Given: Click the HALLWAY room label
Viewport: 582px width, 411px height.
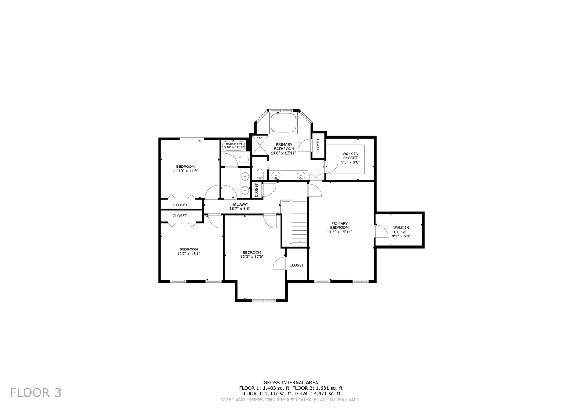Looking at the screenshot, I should (239, 204).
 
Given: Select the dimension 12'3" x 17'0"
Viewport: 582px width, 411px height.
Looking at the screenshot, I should (252, 257).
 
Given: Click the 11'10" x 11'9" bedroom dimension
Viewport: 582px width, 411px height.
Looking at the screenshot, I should (186, 171).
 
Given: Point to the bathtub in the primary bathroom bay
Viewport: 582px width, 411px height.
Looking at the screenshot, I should (283, 123).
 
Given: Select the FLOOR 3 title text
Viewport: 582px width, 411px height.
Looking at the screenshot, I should (35, 392).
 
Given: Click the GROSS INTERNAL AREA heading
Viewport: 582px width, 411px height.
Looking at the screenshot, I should (291, 383).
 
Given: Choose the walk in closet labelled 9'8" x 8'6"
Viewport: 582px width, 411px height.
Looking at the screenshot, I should (350, 158).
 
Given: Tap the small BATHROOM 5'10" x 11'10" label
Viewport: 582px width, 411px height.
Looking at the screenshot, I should (234, 145).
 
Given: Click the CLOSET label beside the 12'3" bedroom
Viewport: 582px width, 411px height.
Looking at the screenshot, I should (297, 265).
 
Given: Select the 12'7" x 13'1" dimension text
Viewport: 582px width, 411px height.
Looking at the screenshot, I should (189, 253).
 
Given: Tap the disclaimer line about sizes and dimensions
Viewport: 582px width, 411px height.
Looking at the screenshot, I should (291, 400).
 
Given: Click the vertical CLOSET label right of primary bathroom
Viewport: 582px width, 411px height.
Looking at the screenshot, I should (318, 145).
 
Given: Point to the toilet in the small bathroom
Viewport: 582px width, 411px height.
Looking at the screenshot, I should (243, 159).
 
